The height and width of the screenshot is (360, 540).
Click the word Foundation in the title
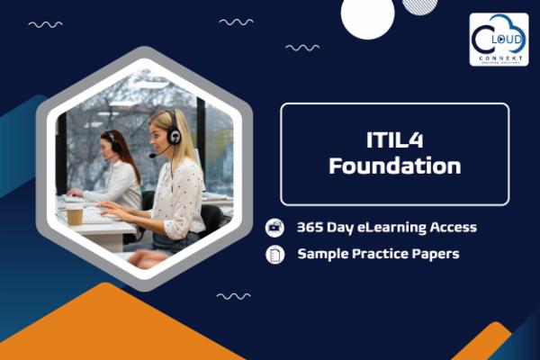click(394, 166)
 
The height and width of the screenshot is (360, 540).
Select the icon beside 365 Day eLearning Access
click(275, 228)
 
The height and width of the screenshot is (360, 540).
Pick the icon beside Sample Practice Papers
click(275, 255)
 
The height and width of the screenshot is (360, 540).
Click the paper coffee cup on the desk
click(74, 212)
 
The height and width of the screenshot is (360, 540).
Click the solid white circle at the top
click(367, 16)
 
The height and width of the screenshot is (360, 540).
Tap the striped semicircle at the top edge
click(419, 5)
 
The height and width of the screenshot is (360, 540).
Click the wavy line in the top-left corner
click(45, 24)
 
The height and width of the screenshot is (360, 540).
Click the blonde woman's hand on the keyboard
click(113, 209)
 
